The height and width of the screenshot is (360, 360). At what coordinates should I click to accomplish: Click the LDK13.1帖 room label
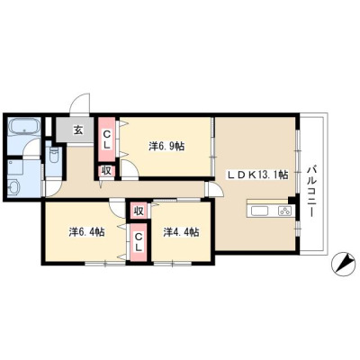pyautogui.click(x=256, y=175)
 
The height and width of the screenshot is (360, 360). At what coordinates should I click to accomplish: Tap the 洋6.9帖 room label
pyautogui.click(x=166, y=146)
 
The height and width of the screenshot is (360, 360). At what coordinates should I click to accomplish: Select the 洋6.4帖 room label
pyautogui.click(x=86, y=232)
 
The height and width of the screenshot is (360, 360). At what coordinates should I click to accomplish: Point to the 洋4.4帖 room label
pyautogui.click(x=182, y=232)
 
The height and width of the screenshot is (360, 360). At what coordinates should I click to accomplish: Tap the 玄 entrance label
pyautogui.click(x=78, y=130)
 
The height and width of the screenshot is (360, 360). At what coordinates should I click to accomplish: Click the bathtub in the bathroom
pyautogui.click(x=24, y=126)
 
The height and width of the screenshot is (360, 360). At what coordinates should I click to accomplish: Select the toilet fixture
pyautogui.click(x=54, y=154)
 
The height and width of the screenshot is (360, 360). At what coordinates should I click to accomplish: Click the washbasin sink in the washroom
pyautogui.click(x=13, y=189)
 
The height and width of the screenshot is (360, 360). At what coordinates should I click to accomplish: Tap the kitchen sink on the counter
pyautogui.click(x=260, y=211)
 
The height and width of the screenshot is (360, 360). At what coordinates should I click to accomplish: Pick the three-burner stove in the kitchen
pyautogui.click(x=284, y=211)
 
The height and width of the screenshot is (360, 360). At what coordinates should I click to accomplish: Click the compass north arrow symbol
pyautogui.click(x=342, y=264)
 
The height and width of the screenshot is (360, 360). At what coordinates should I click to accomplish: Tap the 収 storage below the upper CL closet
pyautogui.click(x=107, y=171)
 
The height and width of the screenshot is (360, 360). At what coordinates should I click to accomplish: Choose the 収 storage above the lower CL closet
pyautogui.click(x=139, y=211)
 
